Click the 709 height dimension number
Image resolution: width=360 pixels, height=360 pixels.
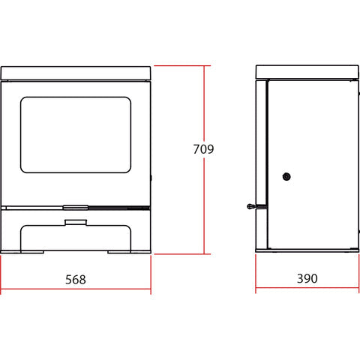pyautogui.click(x=203, y=149)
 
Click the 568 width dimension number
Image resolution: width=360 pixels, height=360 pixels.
pyautogui.click(x=76, y=280)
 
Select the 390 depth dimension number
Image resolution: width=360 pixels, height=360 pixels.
pyautogui.click(x=307, y=278)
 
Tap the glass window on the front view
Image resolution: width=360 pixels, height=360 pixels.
pyautogui.click(x=76, y=135)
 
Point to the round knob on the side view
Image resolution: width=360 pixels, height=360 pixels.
pyautogui.click(x=286, y=177)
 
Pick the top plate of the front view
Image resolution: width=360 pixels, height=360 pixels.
pyautogui.click(x=76, y=73)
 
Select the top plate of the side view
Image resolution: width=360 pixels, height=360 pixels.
pyautogui.click(x=307, y=72)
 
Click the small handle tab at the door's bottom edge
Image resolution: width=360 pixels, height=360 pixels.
pyautogui.click(x=76, y=207)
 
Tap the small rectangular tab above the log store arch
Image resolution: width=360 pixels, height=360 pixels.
pyautogui.click(x=76, y=222)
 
